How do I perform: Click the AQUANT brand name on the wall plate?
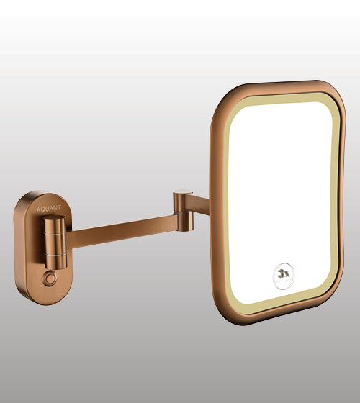(48, 208)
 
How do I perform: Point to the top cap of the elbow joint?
(184, 191)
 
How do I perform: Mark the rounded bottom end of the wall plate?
(45, 295)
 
